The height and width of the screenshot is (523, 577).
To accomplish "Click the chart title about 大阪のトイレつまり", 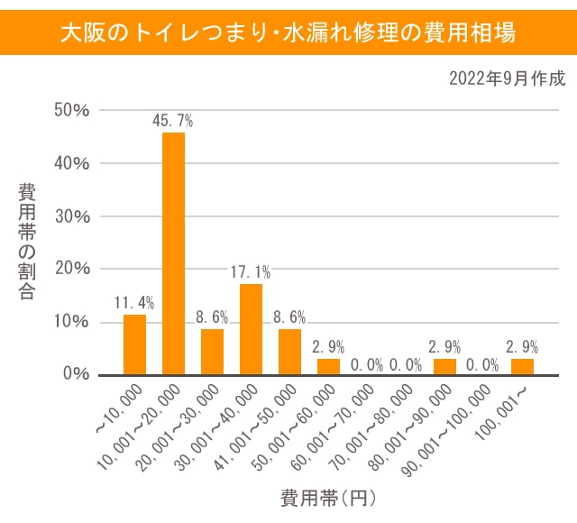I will coord(288,32).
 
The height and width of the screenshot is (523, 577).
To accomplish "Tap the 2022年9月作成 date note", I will coord(507,78).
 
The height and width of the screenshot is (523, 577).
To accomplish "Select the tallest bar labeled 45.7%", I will coord(173,252).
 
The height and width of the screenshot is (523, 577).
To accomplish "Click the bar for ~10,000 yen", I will coord(134,344).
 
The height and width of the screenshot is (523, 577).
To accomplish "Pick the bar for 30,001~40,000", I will coord(251,328).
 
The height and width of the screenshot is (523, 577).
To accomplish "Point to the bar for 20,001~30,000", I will coord(212,351).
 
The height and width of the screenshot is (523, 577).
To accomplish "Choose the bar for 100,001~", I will coord(522,366).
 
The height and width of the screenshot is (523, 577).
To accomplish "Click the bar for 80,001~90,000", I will coord(444,366).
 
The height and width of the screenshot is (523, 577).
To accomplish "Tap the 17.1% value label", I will coord(251,271).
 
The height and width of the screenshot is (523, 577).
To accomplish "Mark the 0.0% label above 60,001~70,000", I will coord(367,365).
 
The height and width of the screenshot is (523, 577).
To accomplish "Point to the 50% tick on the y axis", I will coord(70,111).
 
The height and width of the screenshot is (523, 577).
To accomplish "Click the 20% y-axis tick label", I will coord(70,269).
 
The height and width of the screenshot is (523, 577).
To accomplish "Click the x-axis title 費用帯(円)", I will coord(327,497).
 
